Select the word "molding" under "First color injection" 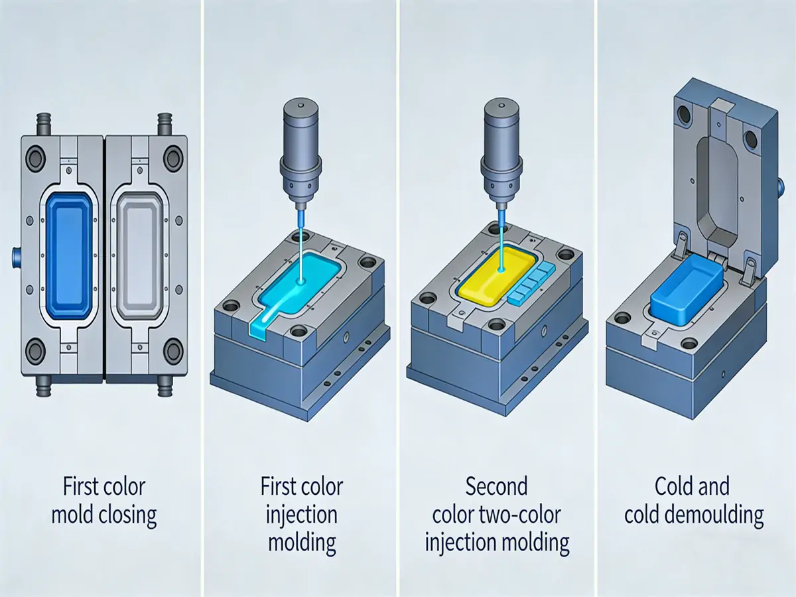(302, 543)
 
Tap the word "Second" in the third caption (496, 487)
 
